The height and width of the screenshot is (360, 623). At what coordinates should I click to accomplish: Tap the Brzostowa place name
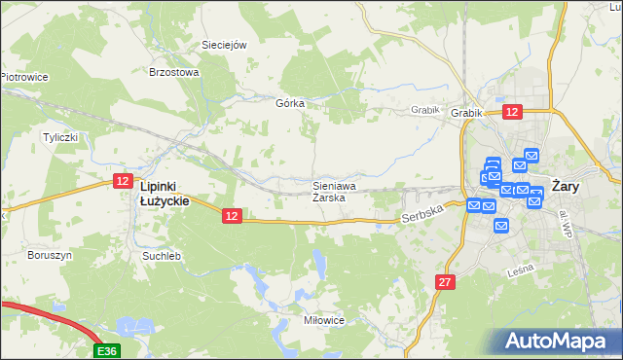point(173,71)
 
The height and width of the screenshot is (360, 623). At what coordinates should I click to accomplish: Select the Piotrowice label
point(24,76)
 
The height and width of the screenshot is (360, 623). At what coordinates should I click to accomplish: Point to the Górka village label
point(291,103)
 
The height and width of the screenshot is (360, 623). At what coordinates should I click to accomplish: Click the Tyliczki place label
point(59,137)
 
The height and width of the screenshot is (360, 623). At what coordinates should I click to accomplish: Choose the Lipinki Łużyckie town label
point(164,193)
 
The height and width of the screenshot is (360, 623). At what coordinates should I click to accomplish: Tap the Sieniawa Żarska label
point(333,190)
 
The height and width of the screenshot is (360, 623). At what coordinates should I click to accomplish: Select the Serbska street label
point(422,213)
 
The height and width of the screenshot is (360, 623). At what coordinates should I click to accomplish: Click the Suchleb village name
point(162,256)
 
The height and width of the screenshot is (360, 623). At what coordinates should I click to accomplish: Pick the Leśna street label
point(521,273)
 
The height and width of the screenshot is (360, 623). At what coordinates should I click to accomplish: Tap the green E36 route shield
point(107,349)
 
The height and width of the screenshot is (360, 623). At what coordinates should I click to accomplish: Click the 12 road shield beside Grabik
point(513,112)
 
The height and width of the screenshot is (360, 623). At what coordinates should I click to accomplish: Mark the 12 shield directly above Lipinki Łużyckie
point(123,180)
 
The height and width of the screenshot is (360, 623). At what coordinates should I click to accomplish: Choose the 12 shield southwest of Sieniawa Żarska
point(231,215)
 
